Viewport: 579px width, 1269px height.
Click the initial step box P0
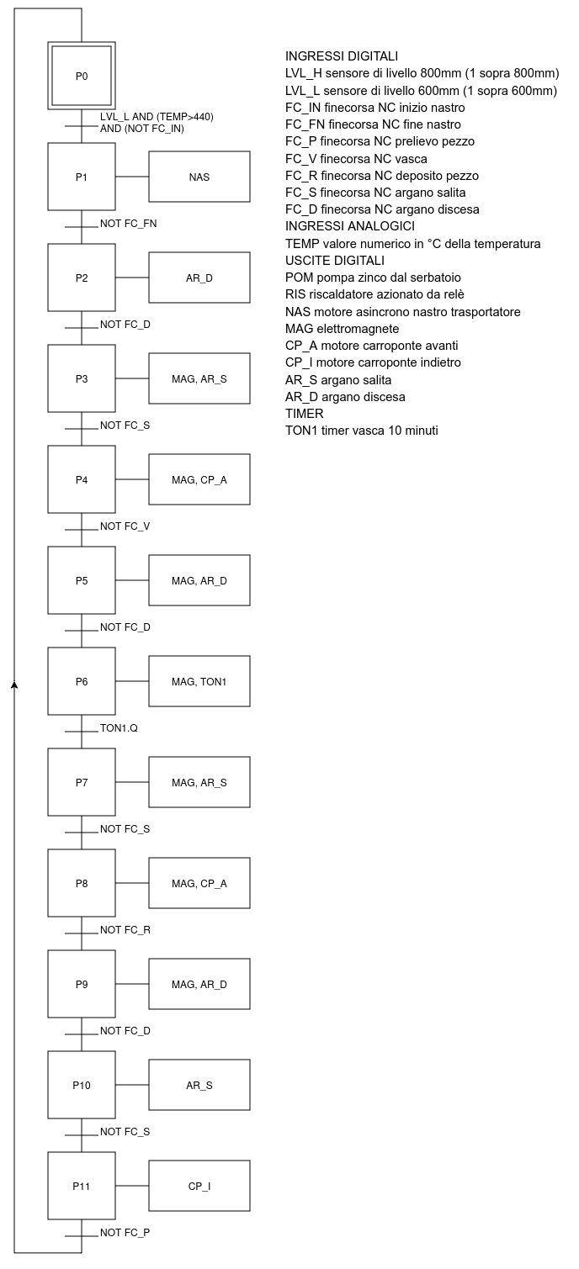coord(82,76)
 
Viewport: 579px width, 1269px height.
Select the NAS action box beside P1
coord(199,177)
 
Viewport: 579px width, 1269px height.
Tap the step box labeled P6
coord(82,681)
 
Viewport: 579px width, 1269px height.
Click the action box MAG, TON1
coord(199,681)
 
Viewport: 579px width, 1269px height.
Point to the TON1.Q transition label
coord(119,728)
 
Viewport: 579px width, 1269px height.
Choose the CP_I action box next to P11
coord(199,1186)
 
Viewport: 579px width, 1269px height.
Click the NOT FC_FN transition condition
coord(128,224)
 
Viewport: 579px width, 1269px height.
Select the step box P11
coord(82,1186)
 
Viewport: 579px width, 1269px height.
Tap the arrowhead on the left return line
coord(14,685)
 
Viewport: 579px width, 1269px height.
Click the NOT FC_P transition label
coord(125,1233)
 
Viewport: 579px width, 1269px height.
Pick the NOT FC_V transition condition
coord(125,526)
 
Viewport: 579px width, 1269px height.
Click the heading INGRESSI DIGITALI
coord(342,56)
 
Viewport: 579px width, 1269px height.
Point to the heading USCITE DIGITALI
coord(335,261)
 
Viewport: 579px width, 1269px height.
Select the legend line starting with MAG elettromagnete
coord(343,329)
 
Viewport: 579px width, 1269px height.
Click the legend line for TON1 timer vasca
coord(362,431)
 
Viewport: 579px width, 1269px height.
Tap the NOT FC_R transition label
coord(125,930)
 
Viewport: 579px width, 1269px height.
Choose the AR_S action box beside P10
coord(199,1085)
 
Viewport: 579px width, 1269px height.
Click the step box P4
coord(82,479)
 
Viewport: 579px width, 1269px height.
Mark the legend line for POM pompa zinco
coord(373,278)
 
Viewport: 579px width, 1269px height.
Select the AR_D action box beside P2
coord(199,278)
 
